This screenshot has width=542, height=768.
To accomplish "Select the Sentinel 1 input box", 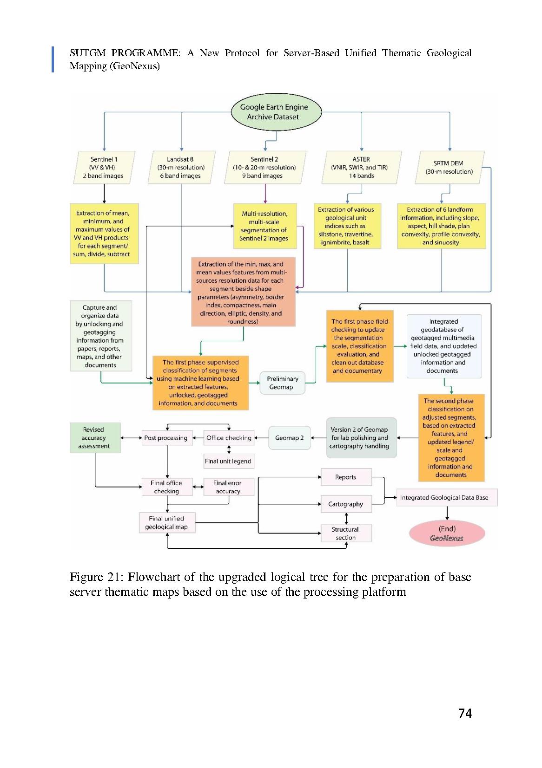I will (x=104, y=167).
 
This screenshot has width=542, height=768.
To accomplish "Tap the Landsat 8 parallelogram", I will (x=181, y=167).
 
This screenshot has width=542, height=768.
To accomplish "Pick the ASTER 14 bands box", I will (x=361, y=167).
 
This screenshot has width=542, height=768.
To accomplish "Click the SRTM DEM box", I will (x=449, y=167).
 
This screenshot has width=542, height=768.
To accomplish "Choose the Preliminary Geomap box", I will (x=282, y=383).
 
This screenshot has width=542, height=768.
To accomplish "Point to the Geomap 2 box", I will (x=289, y=438).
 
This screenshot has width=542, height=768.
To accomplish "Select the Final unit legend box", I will (x=228, y=461).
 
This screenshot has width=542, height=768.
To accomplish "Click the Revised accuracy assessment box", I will (x=95, y=438).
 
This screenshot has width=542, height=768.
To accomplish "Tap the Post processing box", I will (x=166, y=438).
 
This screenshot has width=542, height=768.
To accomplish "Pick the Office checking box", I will (x=229, y=438).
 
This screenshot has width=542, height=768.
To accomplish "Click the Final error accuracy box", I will (x=228, y=487).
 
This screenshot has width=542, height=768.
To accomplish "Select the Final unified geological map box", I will (x=167, y=523).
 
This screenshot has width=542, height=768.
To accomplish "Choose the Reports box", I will (x=346, y=477).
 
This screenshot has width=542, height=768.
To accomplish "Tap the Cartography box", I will (x=346, y=504).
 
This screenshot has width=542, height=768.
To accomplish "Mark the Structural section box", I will (x=346, y=534).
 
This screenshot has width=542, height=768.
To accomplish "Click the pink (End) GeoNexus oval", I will (x=447, y=534).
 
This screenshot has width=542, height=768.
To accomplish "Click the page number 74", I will (x=465, y=713).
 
